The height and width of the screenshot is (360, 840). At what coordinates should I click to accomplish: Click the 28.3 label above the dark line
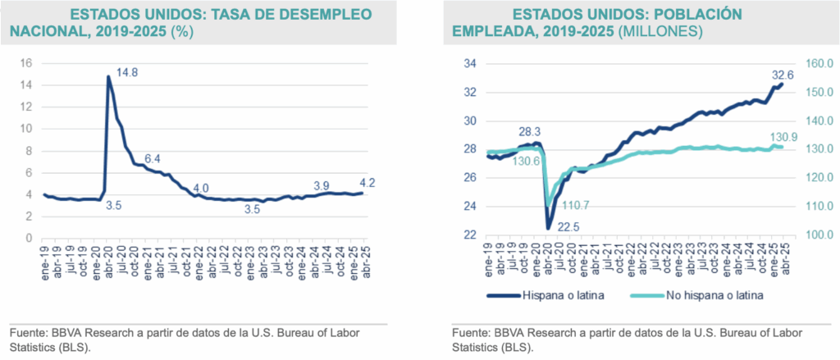tap(529, 131)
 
